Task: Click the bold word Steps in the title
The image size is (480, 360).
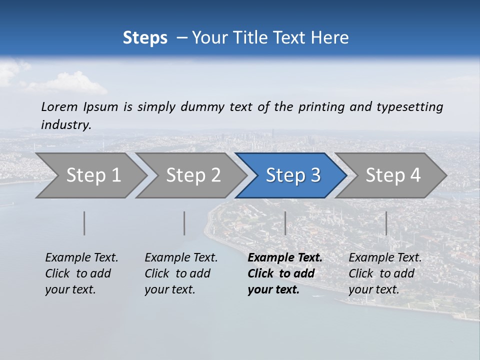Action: (x=145, y=38)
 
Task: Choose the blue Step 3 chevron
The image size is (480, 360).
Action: (x=293, y=175)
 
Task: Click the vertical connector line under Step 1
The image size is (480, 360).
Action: (x=84, y=223)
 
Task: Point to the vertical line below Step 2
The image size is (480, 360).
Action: (x=184, y=223)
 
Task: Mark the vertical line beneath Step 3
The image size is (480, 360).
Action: (x=285, y=223)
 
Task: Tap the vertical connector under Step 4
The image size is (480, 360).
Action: (x=386, y=223)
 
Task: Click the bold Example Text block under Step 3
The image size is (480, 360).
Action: (x=285, y=273)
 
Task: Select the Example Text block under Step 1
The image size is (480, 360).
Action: (x=81, y=273)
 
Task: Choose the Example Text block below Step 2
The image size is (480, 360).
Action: (x=181, y=273)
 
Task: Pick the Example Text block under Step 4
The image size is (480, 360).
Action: (x=385, y=273)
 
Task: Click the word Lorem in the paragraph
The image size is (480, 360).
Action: (x=59, y=107)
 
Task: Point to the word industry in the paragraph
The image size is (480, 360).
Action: (x=66, y=125)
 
